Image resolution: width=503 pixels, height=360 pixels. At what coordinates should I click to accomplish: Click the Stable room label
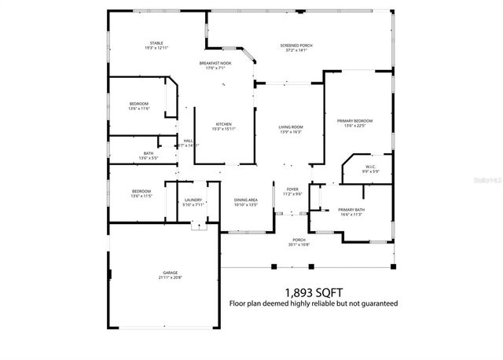point(156,46)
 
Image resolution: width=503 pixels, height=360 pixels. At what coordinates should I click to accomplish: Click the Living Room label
point(290,129)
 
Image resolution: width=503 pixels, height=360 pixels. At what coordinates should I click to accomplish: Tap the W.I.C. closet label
point(370,168)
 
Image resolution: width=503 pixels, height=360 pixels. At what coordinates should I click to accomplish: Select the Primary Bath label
point(350,211)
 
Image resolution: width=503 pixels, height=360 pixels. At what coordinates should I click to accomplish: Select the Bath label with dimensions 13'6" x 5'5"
point(149,156)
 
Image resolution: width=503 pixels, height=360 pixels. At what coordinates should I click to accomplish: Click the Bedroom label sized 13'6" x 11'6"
point(139,106)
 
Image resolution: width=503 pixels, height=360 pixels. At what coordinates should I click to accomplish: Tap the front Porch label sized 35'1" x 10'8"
point(299,242)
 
